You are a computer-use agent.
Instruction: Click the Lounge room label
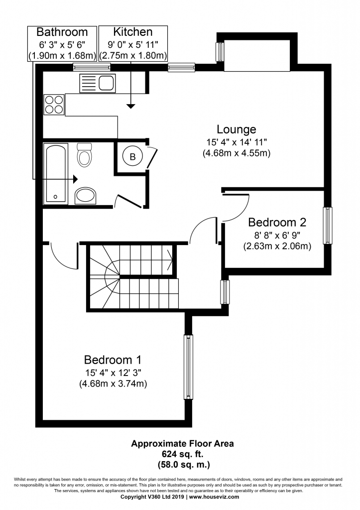[237, 129]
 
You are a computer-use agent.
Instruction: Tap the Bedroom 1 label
[113, 360]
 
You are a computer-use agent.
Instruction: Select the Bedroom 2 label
[277, 222]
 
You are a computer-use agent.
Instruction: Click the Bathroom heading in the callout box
[62, 32]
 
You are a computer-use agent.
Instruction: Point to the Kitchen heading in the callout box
[132, 32]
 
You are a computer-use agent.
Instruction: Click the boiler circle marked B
[132, 157]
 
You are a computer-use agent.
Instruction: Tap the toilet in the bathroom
[85, 154]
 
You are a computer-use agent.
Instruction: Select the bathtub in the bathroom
[56, 174]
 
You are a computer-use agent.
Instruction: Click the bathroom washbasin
[86, 195]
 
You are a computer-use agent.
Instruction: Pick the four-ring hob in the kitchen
[54, 105]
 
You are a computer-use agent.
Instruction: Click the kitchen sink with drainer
[97, 83]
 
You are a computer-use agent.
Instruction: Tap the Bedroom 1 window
[188, 367]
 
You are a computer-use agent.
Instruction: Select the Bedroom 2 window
[328, 226]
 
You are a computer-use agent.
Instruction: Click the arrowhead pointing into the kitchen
[131, 106]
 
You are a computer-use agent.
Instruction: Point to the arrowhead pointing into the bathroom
[76, 179]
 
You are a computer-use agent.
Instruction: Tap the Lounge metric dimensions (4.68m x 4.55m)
[237, 153]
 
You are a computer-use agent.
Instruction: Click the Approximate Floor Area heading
[182, 443]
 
